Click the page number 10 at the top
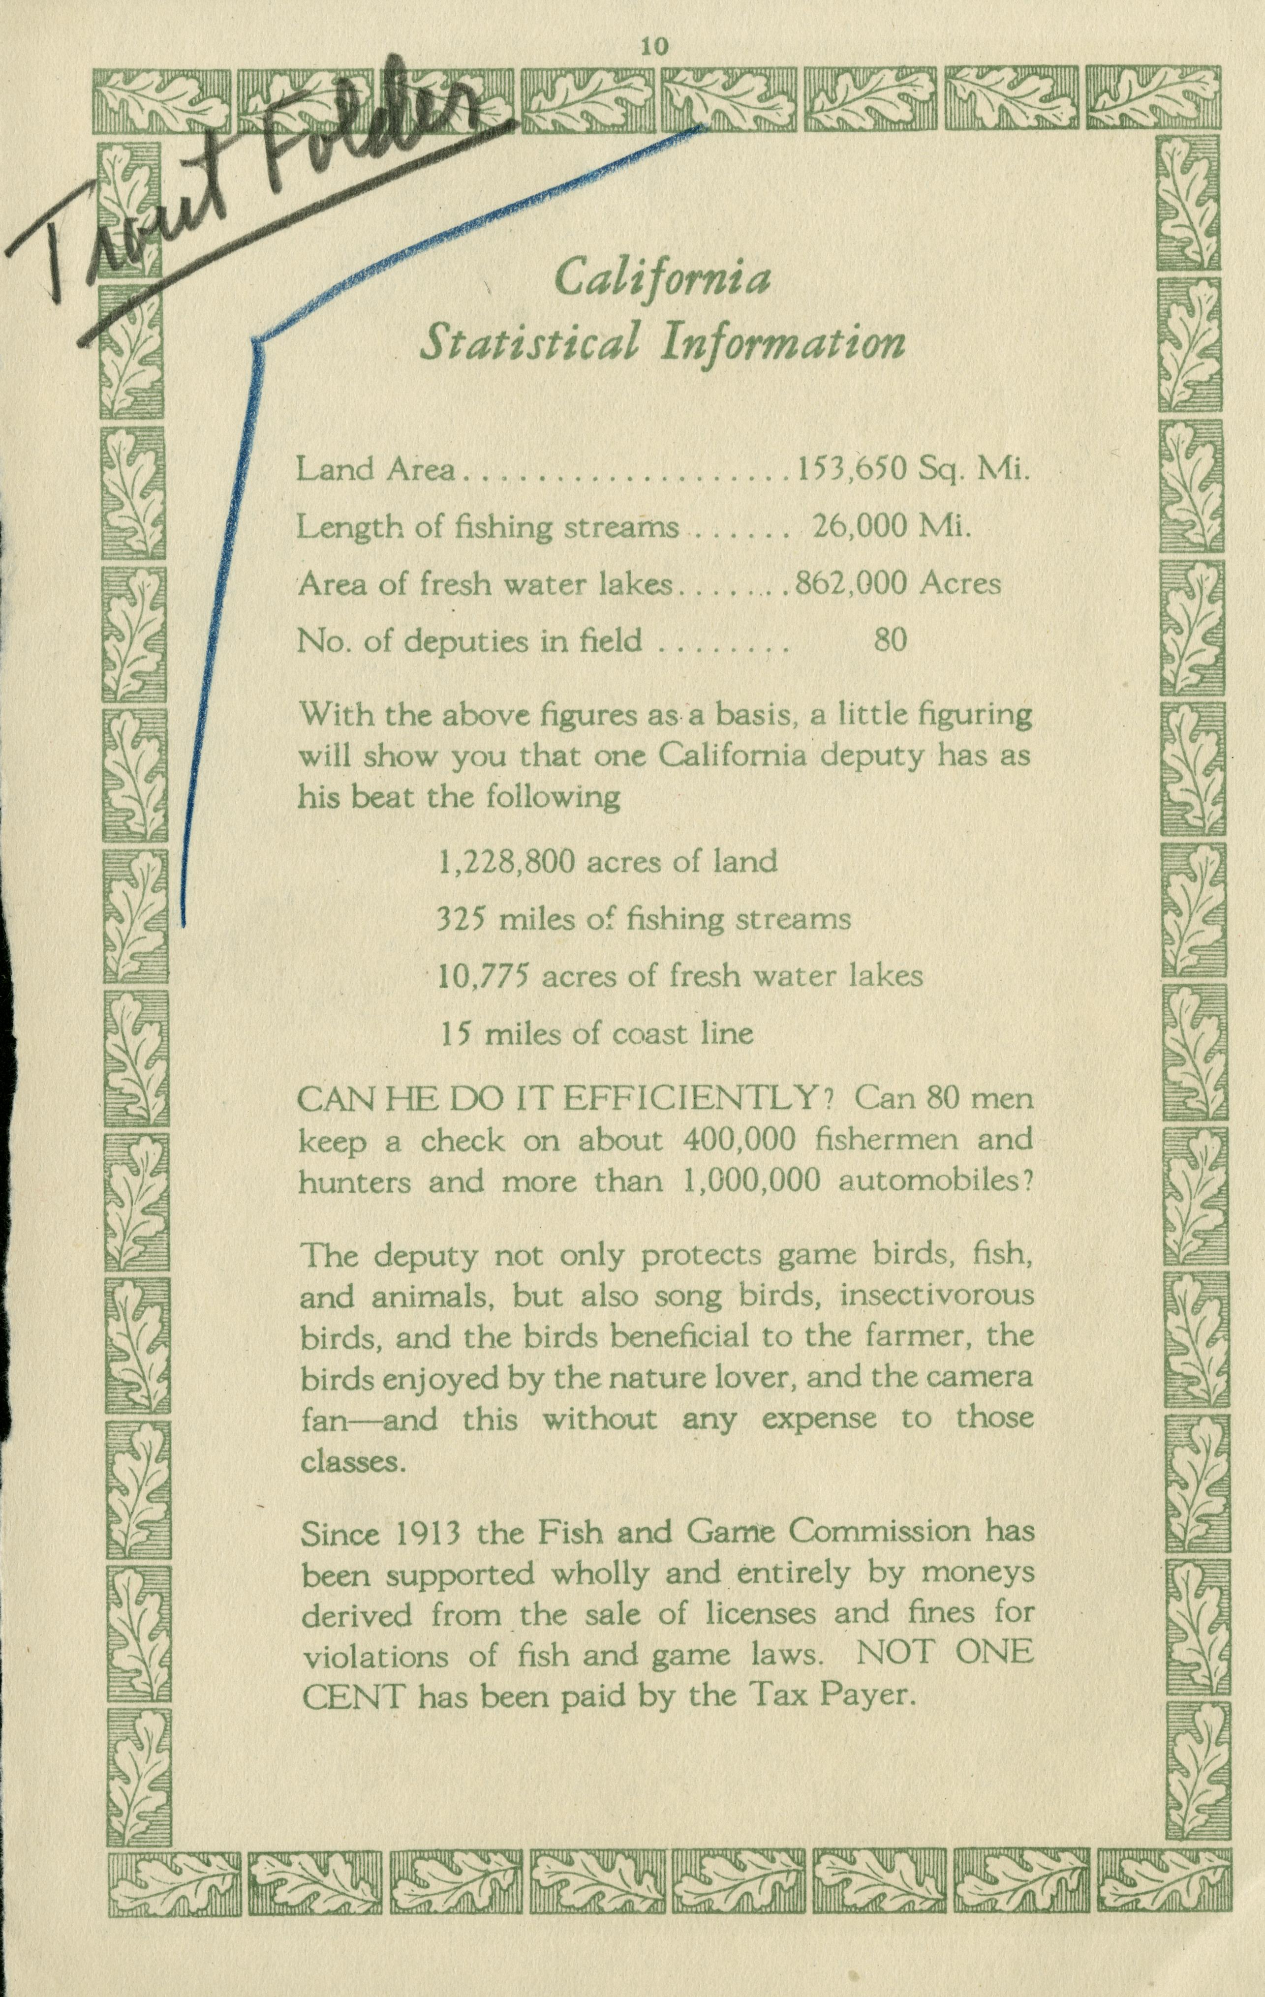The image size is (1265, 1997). pyautogui.click(x=653, y=47)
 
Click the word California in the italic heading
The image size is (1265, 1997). pyautogui.click(x=662, y=279)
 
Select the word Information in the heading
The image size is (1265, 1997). pyautogui.click(x=781, y=342)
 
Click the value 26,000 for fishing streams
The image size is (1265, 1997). pyautogui.click(x=860, y=527)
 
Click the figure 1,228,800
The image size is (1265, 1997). pyautogui.click(x=506, y=862)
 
